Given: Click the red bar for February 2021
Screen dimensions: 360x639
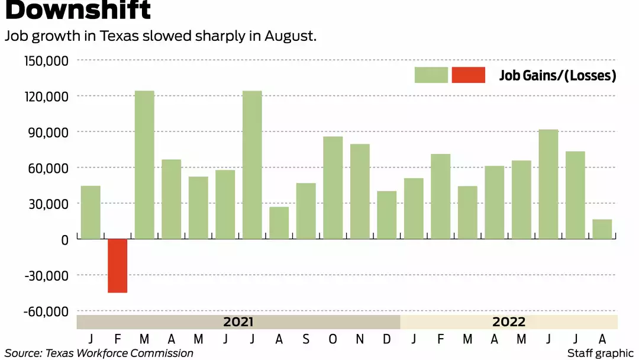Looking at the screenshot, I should (117, 266).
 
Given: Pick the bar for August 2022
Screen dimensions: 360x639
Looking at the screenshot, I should (602, 229).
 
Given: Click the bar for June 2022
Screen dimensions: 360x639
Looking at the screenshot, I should (548, 184).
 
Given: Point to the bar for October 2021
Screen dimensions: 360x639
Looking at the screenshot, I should (333, 188).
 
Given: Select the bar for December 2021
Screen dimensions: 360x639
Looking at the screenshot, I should (387, 215).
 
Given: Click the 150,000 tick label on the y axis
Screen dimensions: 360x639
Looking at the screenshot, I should (47, 60).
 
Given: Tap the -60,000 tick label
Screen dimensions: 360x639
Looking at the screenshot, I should (47, 311).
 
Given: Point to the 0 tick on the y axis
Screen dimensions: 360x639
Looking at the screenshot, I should (64, 240).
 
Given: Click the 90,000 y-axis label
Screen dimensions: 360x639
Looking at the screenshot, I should (50, 132).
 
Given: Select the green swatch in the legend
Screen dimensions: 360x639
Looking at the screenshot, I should (431, 75).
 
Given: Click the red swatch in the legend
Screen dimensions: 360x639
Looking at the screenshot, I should (468, 75).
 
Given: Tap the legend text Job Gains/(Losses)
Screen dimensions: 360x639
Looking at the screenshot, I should (557, 76).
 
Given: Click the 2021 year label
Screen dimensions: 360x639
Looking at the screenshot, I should (238, 322).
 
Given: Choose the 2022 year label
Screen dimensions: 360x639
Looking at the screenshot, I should (509, 322).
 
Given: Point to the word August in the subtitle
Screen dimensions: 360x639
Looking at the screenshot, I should (290, 36).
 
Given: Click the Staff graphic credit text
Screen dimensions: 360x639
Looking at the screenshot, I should (600, 353).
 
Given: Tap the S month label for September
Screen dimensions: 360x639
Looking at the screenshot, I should (306, 339).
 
